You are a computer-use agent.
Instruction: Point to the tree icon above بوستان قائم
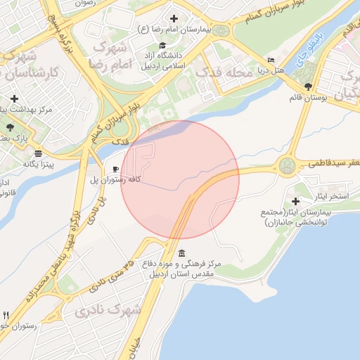308,86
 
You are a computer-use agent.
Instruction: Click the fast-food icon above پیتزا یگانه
38,153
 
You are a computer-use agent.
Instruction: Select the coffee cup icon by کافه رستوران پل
116,169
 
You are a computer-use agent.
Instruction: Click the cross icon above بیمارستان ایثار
304,201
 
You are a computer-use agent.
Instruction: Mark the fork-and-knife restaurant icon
6,314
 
